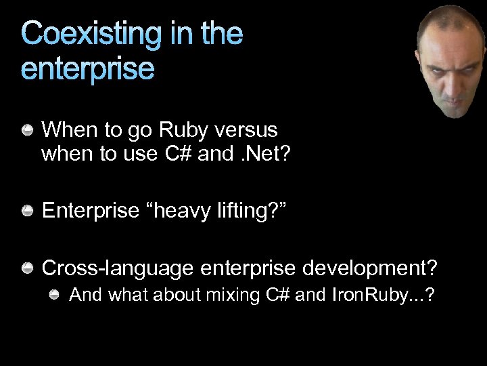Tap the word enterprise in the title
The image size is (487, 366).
tap(88, 68)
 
